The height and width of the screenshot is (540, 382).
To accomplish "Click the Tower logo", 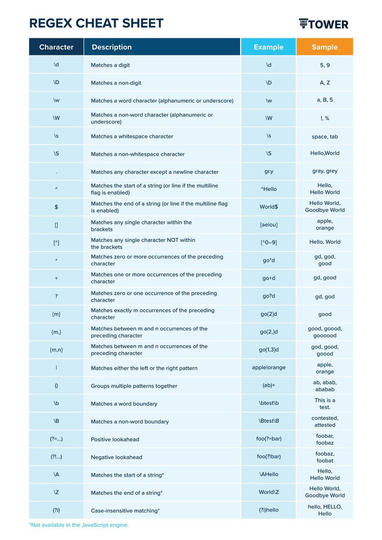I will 323,24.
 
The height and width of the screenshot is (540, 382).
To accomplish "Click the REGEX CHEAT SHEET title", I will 96,23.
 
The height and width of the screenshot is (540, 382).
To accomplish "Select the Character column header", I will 56,47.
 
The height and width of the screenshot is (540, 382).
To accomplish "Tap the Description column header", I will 112,47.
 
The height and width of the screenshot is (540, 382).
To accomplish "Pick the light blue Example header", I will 269,47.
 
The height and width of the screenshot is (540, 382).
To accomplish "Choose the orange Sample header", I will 324,47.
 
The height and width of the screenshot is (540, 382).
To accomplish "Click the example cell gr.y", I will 269,171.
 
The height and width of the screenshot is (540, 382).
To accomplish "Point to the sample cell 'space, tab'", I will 324,136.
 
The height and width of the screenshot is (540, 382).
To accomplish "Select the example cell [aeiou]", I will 269,225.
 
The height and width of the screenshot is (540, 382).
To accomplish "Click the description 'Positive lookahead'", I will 115,439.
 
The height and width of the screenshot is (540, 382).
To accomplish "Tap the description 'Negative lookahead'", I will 117,457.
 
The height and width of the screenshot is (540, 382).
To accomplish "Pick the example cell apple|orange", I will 269,368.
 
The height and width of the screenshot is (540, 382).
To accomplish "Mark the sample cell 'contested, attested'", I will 324,421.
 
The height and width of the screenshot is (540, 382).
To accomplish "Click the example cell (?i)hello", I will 269,510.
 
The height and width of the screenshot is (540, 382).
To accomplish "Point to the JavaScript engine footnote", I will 79,525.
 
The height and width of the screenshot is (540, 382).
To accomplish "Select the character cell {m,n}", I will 56,350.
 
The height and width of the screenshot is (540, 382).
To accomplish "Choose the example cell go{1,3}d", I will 269,350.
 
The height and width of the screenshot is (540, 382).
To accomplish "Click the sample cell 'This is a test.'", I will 324,403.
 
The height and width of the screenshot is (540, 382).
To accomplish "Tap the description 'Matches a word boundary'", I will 124,404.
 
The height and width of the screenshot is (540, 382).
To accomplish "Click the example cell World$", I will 269,207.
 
